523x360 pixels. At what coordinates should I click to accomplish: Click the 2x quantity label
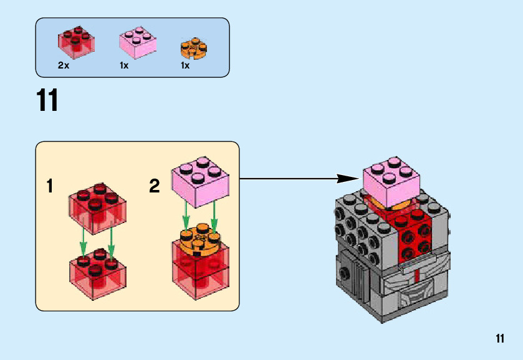click(x=63, y=65)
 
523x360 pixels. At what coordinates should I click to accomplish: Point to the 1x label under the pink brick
click(x=124, y=65)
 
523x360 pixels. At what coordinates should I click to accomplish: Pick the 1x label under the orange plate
click(x=185, y=65)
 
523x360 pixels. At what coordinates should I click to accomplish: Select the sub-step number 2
click(x=155, y=186)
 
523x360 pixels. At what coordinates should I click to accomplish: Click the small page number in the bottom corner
click(x=500, y=339)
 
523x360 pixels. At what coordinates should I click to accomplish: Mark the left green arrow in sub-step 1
click(x=83, y=242)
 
